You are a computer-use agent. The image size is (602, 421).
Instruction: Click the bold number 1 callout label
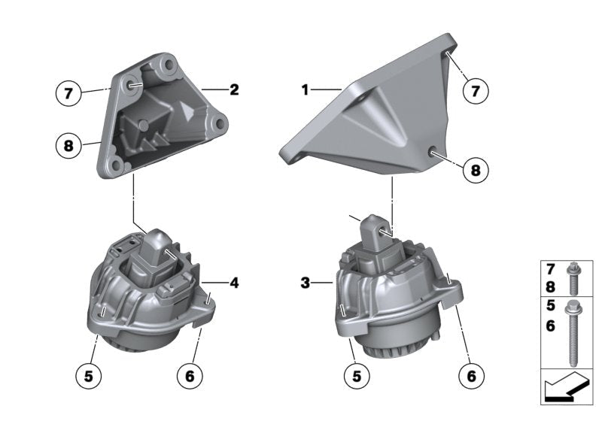pos(305,90)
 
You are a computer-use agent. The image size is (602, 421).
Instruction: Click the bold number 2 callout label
pos(234,89)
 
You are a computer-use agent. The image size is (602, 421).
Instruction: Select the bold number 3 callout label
pos(305,283)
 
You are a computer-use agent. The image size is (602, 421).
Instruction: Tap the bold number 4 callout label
pos(234,283)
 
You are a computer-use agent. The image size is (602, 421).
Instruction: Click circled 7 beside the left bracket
pos(68,93)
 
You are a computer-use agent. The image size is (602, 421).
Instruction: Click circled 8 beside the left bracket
pos(68,146)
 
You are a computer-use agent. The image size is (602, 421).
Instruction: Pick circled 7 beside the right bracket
pos(476,91)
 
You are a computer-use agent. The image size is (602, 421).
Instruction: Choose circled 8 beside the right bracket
pos(476,169)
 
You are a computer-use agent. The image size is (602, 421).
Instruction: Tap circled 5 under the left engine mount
pos(88,376)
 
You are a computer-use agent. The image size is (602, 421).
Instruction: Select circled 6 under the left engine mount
pos(190,376)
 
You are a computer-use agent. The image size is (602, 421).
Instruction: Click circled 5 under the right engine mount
pos(357,376)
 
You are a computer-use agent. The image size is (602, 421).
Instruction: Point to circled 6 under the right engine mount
pos(471,376)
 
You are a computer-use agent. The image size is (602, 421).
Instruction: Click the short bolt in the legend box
pos(573,278)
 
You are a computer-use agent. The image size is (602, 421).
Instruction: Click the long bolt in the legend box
pos(573,333)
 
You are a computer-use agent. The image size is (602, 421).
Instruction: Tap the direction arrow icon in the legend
pos(566,387)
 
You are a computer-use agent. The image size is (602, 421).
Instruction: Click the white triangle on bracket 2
pos(187,112)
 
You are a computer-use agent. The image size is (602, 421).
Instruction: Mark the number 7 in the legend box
pos(551,270)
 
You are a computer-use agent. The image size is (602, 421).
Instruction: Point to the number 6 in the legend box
pos(551,326)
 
